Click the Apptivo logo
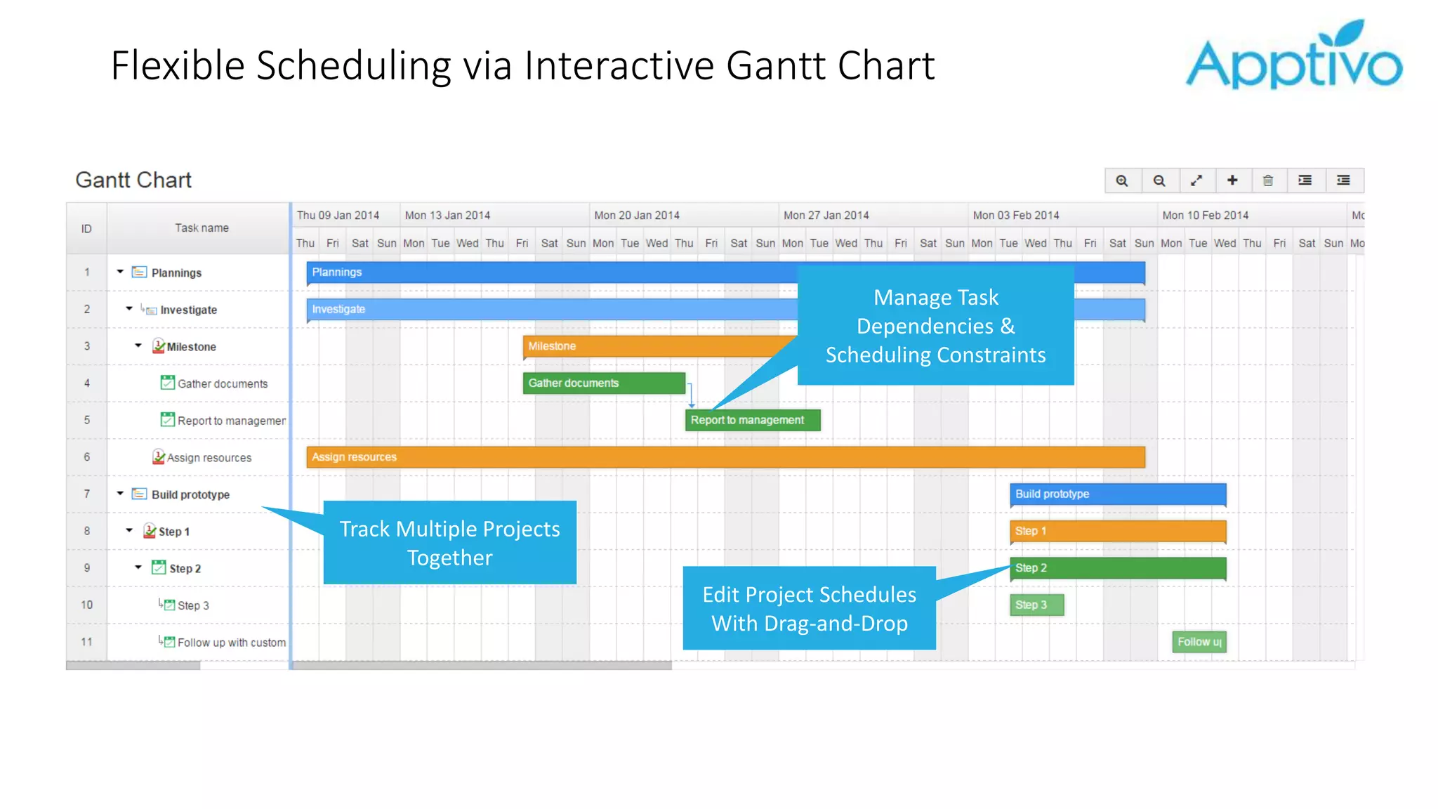[1293, 56]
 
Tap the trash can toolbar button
[1268, 180]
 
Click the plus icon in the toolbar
[1232, 180]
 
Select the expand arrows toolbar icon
[1196, 180]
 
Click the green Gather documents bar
[603, 383]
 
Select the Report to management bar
[752, 420]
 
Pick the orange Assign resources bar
[725, 457]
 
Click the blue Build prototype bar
[1118, 494]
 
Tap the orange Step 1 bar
[1118, 531]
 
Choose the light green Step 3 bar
[1036, 605]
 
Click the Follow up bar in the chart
[1199, 642]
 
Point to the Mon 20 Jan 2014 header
[637, 216]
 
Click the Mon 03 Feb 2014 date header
[1016, 216]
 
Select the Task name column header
[202, 228]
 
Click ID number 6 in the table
[87, 457]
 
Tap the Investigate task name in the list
[188, 310]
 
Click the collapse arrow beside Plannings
[120, 272]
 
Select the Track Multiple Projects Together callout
[449, 543]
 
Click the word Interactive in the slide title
[619, 66]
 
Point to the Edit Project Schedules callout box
[809, 608]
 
